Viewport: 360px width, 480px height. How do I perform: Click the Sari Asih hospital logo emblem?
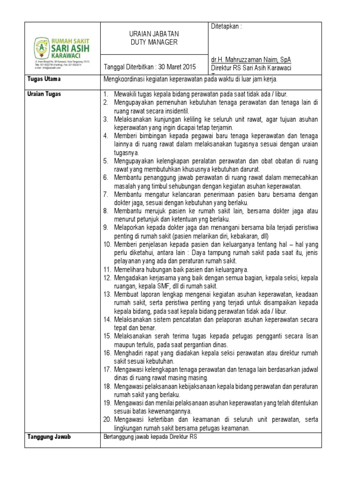tap(41, 47)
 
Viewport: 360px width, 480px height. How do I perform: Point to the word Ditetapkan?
tap(226, 27)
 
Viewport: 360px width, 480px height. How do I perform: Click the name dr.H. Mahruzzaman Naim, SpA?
tap(250, 60)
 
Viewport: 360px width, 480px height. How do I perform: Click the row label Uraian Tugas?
tap(45, 94)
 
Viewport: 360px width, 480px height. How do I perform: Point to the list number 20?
tap(107, 420)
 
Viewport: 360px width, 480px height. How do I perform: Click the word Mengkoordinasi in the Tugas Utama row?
tap(125, 79)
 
